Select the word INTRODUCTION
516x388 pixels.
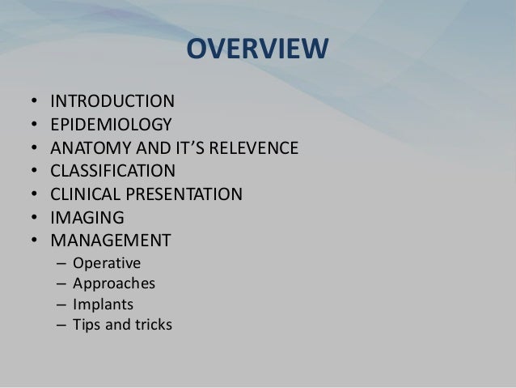[112, 102]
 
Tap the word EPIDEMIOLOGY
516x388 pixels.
[111, 126]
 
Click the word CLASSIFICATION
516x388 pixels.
[112, 172]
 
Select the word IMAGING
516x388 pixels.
[87, 218]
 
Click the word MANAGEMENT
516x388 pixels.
[110, 241]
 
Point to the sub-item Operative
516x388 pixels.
[106, 263]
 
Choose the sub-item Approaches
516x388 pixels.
[113, 284]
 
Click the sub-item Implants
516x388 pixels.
[103, 305]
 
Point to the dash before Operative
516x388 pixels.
[61, 263]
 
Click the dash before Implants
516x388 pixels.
[61, 305]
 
